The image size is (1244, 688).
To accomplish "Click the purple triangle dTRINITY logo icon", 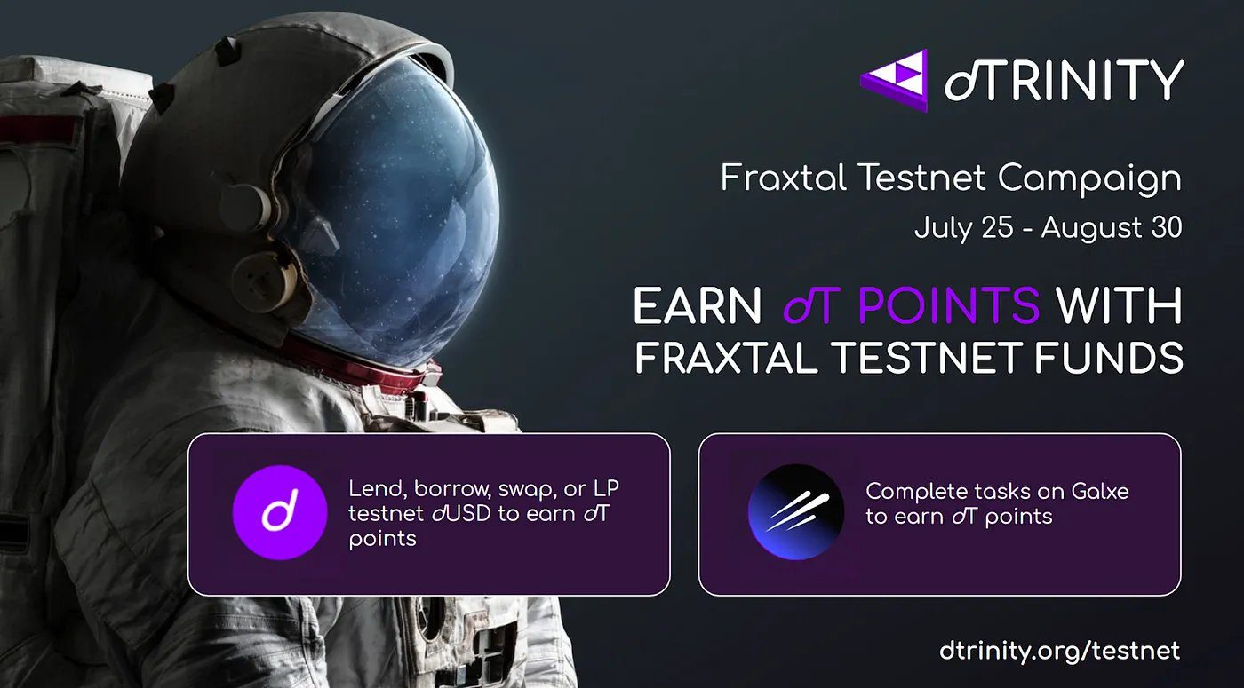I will coord(894,80).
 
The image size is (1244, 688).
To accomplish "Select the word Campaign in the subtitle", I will coord(1089,179).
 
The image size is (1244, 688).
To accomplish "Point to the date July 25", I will coord(963,227).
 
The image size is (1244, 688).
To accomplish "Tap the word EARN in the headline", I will coord(697,307).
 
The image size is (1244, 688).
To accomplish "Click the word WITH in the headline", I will coord(1120,307).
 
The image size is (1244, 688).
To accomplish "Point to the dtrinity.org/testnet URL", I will coord(1059,651).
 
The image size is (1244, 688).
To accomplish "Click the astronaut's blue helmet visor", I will coord(391,213).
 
